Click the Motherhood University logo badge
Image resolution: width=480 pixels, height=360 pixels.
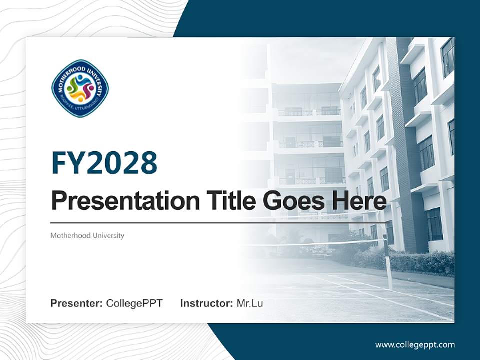[80, 88]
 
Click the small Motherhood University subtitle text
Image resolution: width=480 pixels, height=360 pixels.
[87, 235]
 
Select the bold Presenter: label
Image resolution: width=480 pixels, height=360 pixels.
[77, 303]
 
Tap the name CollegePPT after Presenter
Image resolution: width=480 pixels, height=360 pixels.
[134, 303]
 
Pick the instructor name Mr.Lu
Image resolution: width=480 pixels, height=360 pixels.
[250, 303]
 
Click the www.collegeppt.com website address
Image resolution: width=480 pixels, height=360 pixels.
[415, 345]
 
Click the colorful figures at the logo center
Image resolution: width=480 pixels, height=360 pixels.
[80, 88]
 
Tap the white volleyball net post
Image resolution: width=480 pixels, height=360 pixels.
[388, 265]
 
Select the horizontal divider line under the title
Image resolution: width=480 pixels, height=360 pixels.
[217, 223]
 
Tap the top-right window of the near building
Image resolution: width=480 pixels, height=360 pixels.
[447, 57]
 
